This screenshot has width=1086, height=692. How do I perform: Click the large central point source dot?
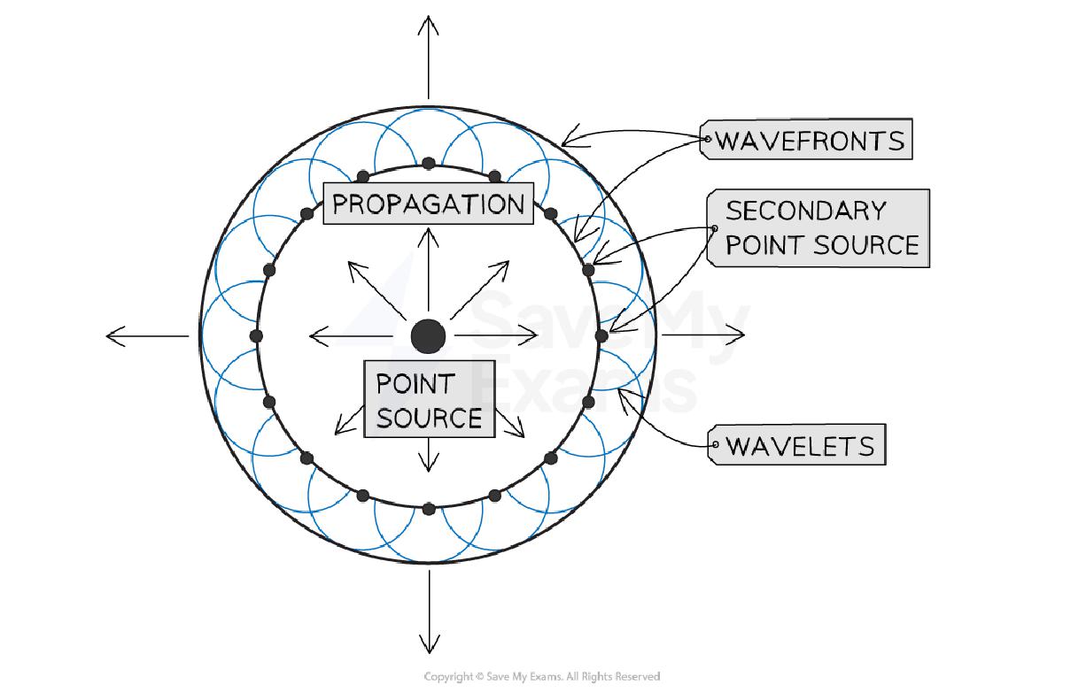[x=429, y=335]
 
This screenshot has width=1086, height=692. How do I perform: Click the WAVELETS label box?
[x=799, y=445]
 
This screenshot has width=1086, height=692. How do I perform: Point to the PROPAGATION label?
[x=429, y=204]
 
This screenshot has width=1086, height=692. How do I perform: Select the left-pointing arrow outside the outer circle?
[x=147, y=335]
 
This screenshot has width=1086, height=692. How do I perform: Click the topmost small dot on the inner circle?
[x=429, y=163]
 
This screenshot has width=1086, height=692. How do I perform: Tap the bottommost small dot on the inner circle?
[x=429, y=508]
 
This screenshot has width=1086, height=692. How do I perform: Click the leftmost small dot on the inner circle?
[x=256, y=335]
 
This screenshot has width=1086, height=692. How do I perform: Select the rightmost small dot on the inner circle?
[x=601, y=335]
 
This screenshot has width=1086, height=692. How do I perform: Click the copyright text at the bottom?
[x=542, y=677]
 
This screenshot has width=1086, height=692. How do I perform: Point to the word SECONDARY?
[x=805, y=211]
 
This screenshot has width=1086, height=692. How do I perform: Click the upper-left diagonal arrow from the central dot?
[x=376, y=288]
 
